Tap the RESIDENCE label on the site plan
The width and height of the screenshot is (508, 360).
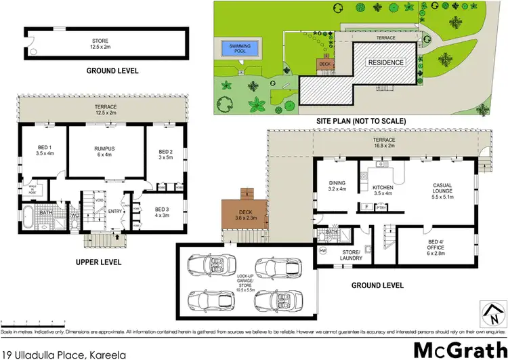coord(385,62)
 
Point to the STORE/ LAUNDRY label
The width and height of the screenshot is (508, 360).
coord(352,255)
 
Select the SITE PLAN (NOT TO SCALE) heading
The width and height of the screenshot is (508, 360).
coord(361,121)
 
